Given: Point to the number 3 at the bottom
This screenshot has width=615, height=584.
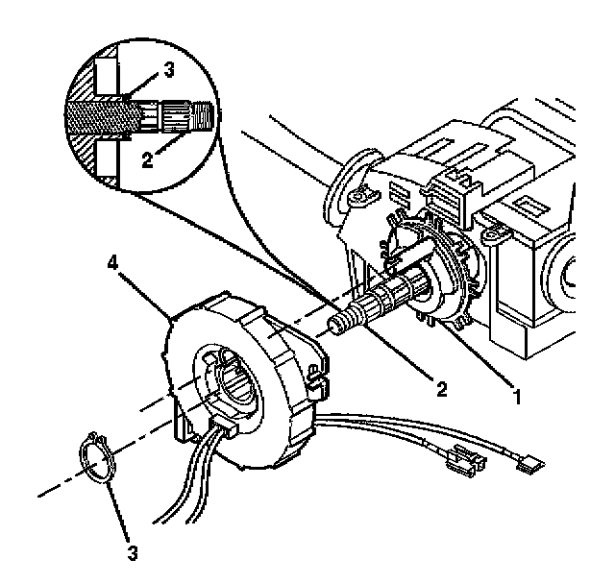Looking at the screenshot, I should pyautogui.click(x=133, y=554).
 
